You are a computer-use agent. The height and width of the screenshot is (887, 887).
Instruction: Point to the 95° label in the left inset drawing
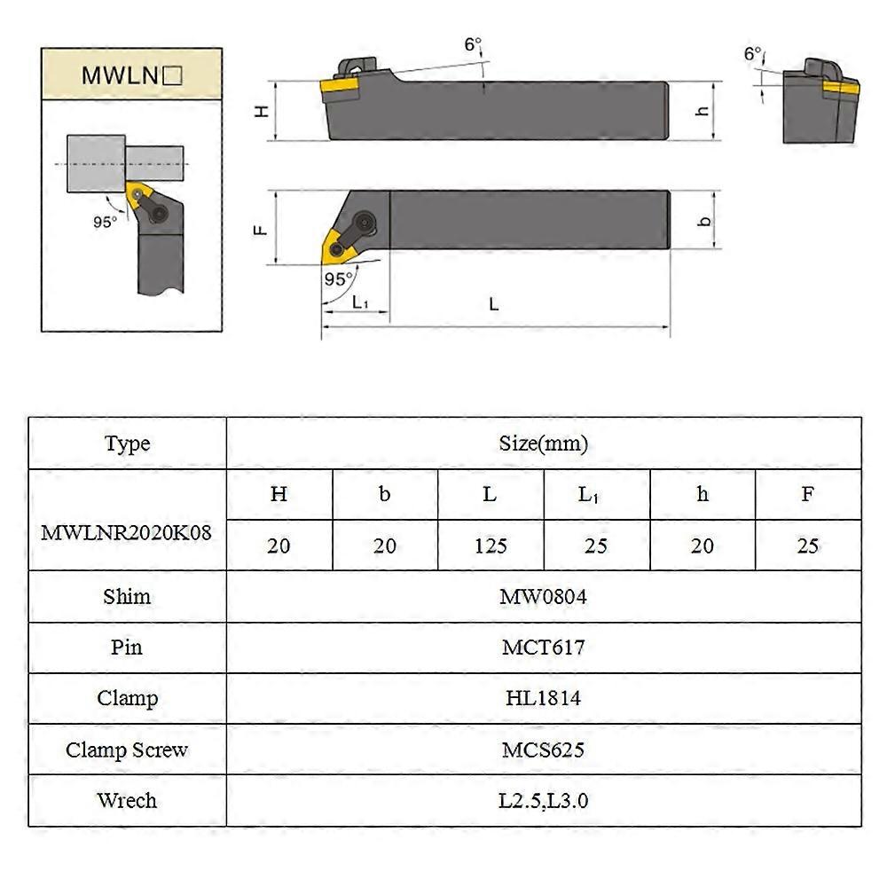[105, 222]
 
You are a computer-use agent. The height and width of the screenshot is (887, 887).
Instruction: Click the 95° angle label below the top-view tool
[337, 279]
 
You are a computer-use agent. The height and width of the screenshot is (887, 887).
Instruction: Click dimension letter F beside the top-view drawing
[261, 228]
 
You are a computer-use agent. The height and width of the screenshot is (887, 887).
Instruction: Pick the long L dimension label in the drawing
[494, 304]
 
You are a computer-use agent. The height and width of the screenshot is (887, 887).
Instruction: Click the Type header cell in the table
[127, 443]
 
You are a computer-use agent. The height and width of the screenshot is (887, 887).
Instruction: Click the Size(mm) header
[543, 443]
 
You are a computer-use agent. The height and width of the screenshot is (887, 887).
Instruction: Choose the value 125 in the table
[490, 546]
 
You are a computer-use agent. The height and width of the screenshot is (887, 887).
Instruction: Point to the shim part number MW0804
[543, 597]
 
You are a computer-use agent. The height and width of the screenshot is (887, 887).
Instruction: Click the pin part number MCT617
[543, 648]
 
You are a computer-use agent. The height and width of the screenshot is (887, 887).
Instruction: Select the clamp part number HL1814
[543, 699]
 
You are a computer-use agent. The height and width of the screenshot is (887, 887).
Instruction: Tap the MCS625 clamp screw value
[543, 750]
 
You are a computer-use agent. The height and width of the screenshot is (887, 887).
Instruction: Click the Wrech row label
[127, 801]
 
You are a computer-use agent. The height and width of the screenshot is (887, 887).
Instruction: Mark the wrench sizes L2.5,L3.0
[543, 801]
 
